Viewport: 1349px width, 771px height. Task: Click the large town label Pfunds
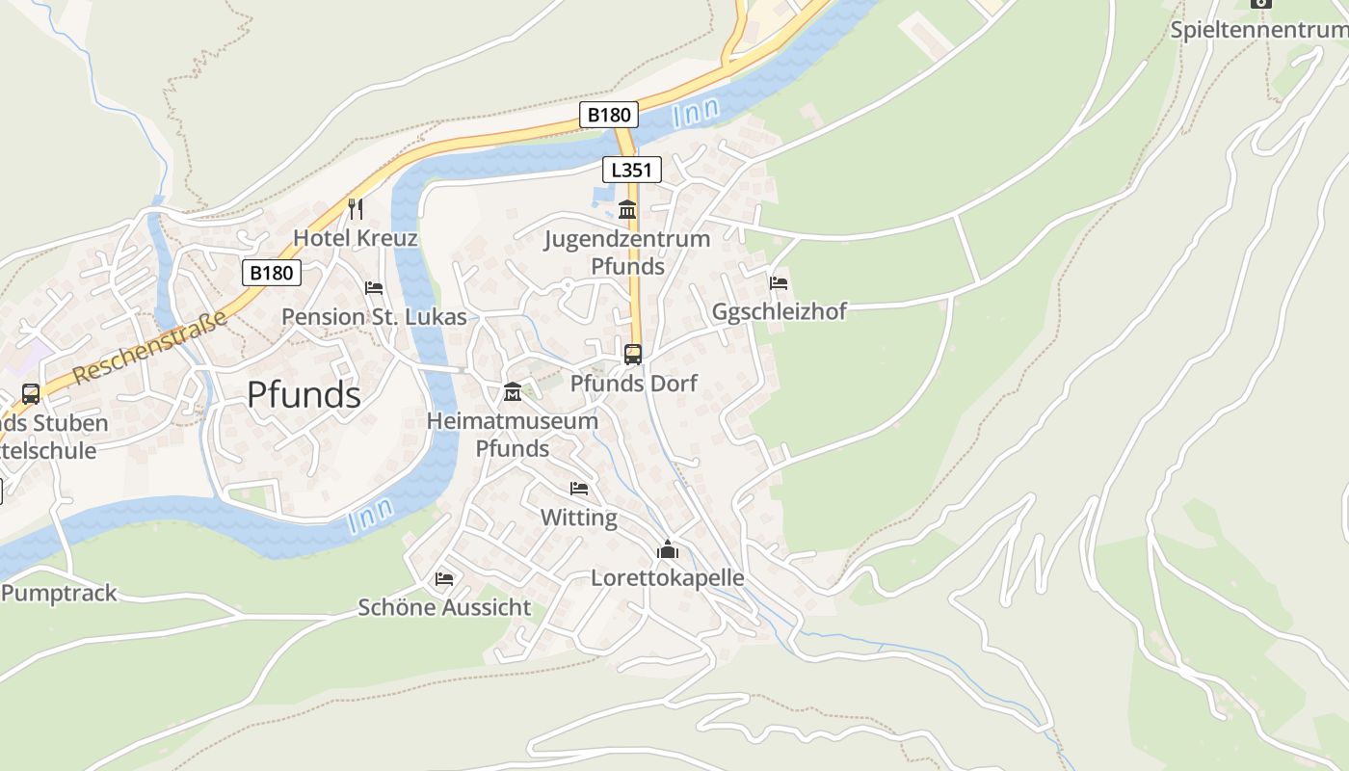[x=304, y=395]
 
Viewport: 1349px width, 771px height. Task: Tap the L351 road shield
[x=632, y=171]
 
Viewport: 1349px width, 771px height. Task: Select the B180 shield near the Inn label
[x=609, y=116]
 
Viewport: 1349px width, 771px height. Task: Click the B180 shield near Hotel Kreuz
[x=271, y=273]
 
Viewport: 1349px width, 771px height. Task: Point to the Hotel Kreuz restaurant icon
[x=355, y=208]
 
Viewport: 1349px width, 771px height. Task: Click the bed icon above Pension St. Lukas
[x=374, y=288]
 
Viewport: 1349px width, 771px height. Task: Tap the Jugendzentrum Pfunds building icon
[x=627, y=209]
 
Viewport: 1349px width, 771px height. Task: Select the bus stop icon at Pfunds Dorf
[x=633, y=354]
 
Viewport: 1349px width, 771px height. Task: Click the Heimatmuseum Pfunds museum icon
[x=513, y=392]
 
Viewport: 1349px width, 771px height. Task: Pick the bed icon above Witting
[x=579, y=489]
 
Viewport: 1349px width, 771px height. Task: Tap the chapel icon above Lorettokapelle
[x=668, y=550]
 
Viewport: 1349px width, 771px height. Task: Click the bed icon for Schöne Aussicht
[x=444, y=578]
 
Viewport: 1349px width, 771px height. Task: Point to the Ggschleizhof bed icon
[x=779, y=283]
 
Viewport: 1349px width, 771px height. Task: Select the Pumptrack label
[x=59, y=594]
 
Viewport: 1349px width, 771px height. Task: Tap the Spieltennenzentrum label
[x=1258, y=30]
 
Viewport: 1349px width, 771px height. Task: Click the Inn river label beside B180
[x=696, y=113]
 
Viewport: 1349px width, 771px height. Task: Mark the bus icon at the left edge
[x=31, y=394]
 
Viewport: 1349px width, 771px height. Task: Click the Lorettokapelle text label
[x=667, y=577]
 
